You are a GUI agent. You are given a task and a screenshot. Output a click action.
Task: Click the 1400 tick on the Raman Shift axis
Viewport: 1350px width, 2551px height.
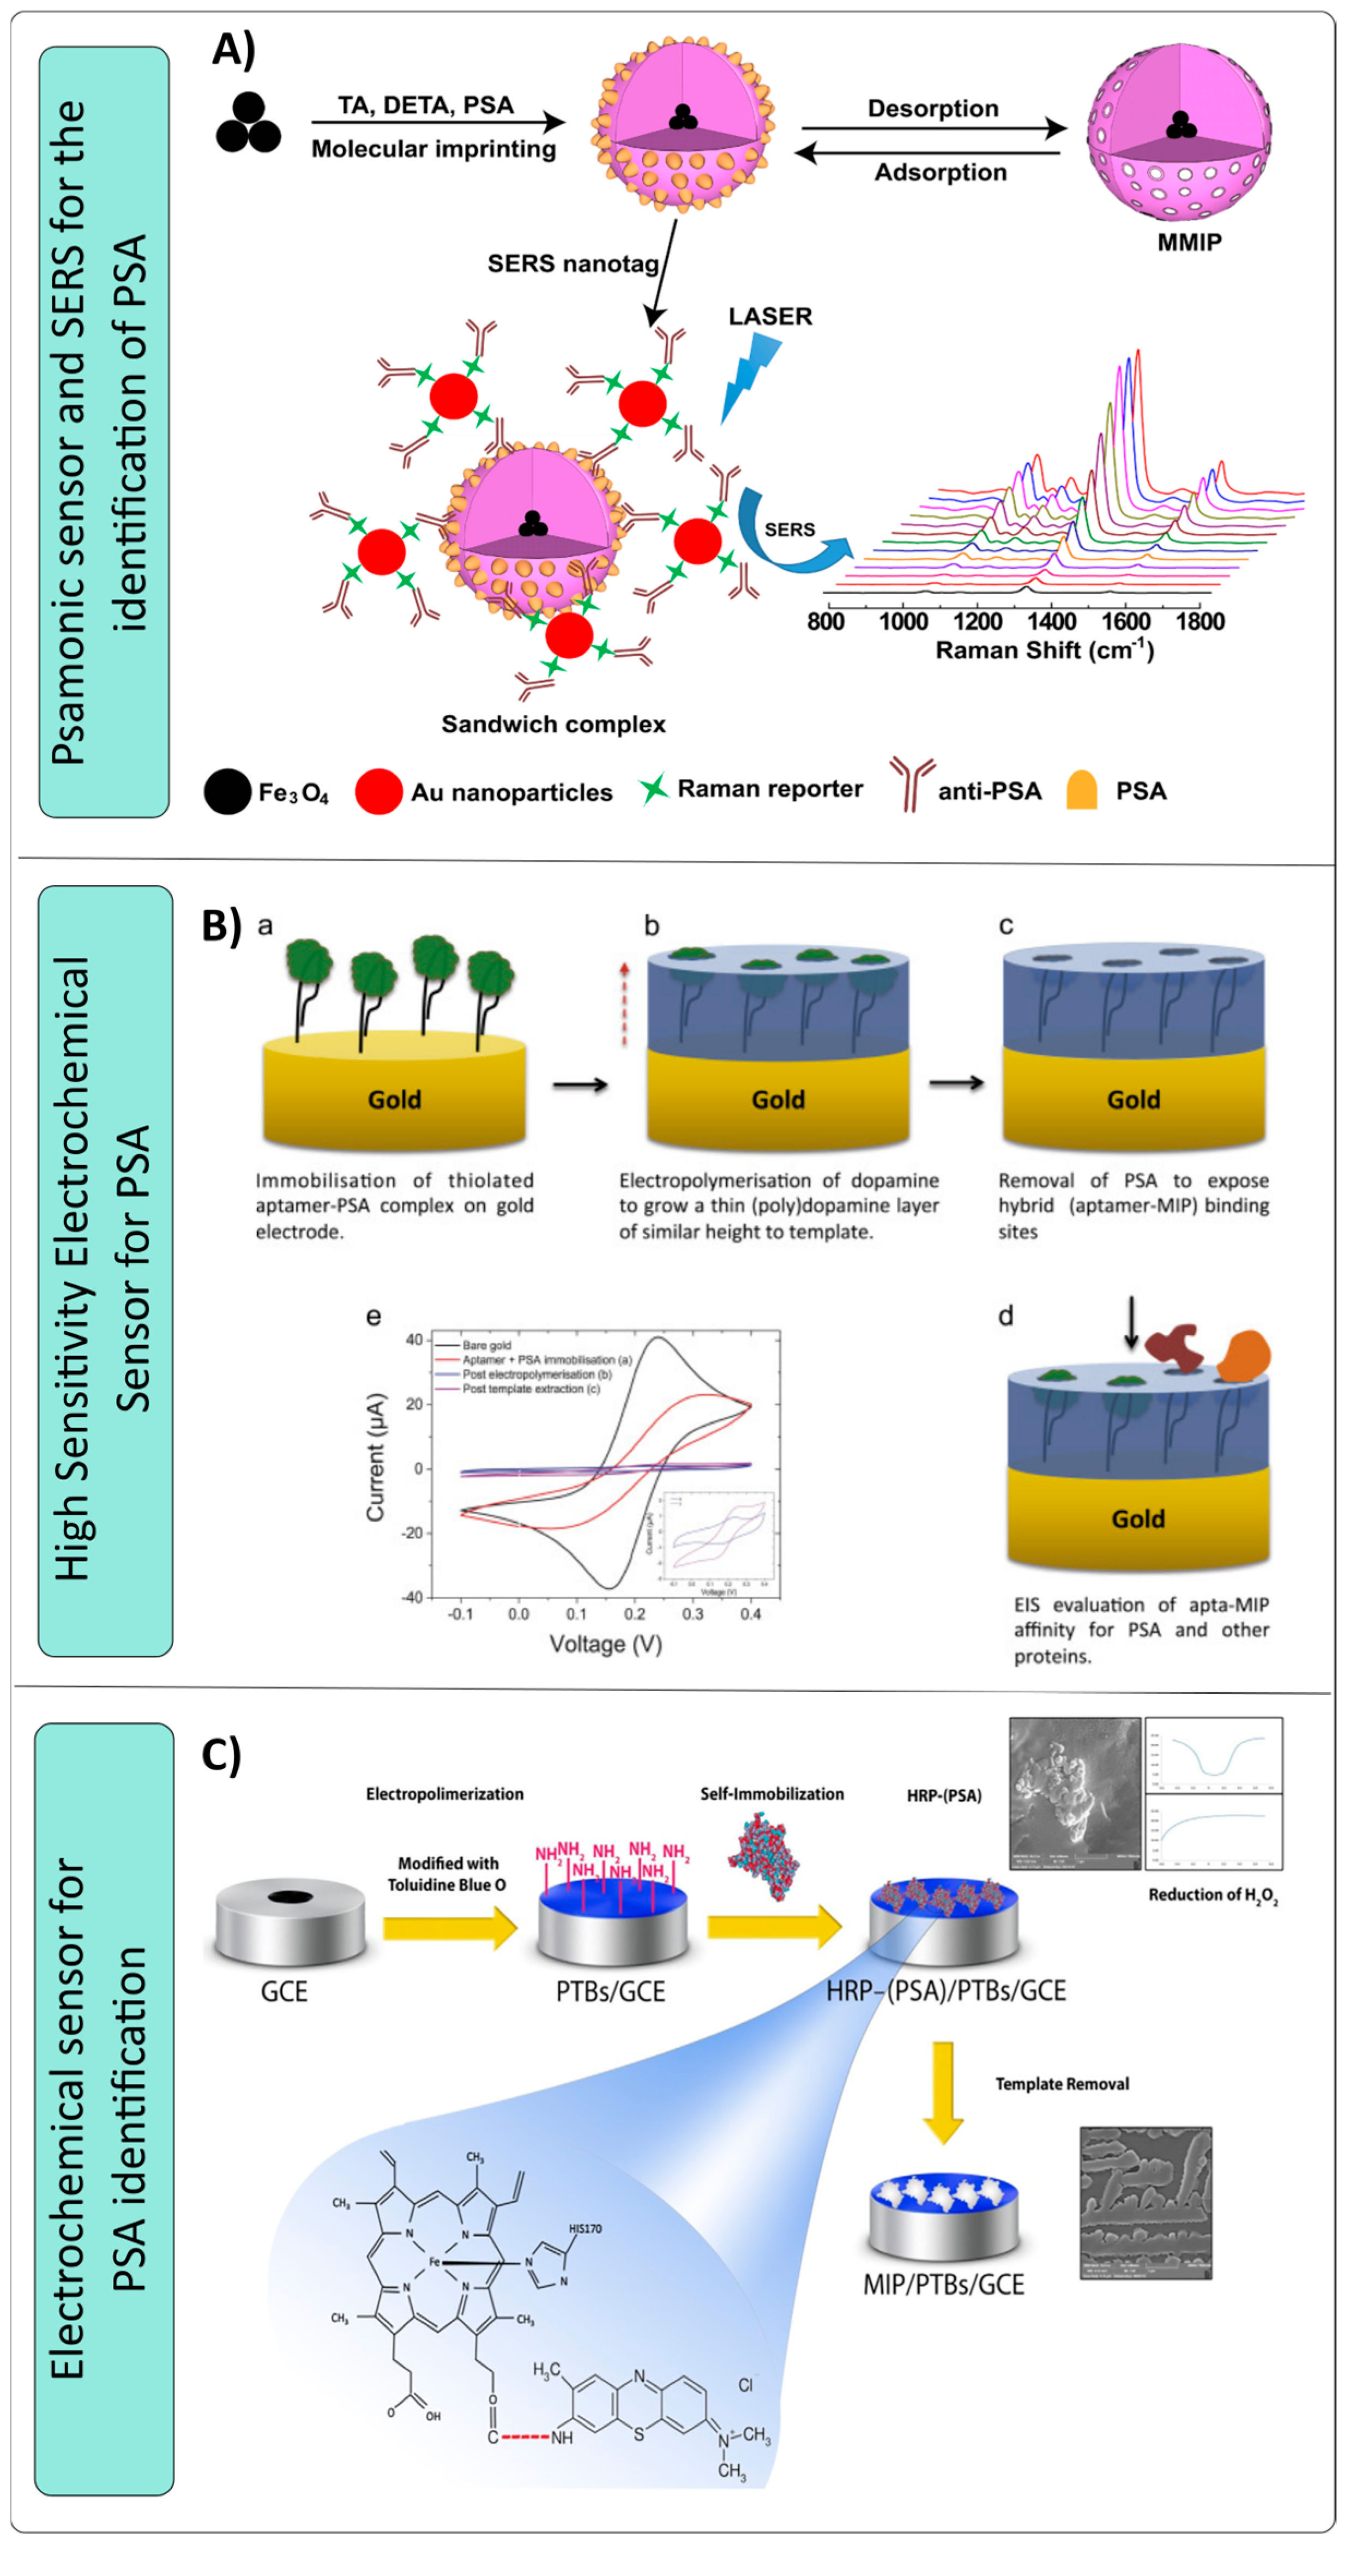tap(1051, 622)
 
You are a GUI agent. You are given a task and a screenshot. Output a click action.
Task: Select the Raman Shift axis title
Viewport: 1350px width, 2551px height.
tap(1044, 650)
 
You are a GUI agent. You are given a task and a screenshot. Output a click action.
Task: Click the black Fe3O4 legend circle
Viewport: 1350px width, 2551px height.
tap(227, 791)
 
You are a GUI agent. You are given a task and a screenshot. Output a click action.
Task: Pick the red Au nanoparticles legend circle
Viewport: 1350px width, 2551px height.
tap(378, 791)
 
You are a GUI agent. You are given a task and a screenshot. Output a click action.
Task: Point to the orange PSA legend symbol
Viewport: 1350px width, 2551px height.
tap(1082, 790)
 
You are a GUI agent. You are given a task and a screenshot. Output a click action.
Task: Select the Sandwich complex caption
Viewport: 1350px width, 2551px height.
tap(553, 724)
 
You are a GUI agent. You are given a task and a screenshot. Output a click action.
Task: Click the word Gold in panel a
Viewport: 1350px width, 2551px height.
tap(394, 1099)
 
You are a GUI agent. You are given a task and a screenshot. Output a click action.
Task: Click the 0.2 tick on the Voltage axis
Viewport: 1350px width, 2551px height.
tap(635, 1614)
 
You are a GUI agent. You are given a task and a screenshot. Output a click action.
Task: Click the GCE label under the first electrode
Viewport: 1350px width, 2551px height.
tap(284, 1992)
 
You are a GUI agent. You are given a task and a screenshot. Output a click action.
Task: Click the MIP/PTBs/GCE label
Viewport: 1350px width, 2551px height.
tap(943, 2284)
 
